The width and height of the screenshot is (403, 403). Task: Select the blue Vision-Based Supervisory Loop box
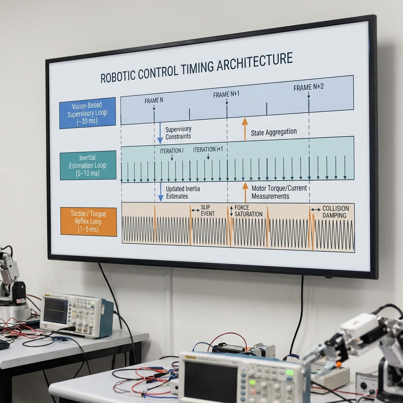coord(87,113)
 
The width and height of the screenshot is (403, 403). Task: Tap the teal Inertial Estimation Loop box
coord(88,165)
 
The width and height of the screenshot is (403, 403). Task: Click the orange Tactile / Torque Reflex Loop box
coord(89,222)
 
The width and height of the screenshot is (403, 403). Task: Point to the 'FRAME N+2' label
coord(309,87)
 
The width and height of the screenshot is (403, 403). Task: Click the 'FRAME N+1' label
coord(226,94)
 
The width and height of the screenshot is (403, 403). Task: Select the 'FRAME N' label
coord(153,101)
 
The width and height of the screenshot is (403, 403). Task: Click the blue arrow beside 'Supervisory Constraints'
coord(160,133)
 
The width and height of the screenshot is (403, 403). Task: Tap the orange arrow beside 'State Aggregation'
coord(245,129)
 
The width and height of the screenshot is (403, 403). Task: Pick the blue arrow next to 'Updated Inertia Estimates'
coord(161,192)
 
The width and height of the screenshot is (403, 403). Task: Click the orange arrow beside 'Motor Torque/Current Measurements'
coord(245,192)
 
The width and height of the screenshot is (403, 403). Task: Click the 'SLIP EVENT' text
coord(208,210)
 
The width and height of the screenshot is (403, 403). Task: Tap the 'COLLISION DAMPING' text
coord(335,212)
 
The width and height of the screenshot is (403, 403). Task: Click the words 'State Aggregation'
coord(274,132)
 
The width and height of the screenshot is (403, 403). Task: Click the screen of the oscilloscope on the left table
coord(55,310)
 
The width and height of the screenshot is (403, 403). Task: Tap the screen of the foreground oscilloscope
coord(209,378)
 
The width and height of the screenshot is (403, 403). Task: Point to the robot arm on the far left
coord(11,279)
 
